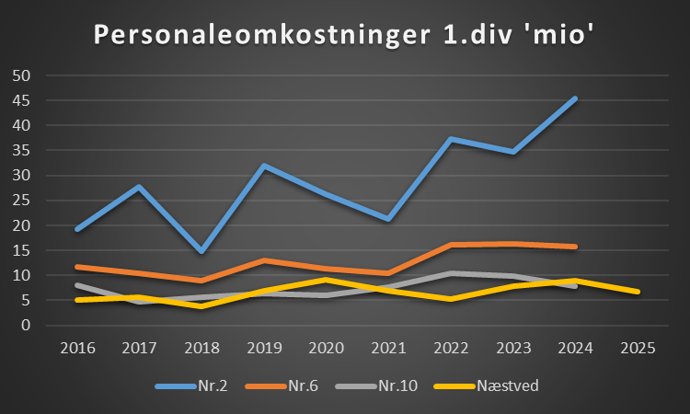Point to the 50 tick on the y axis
coord(21,75)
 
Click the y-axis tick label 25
coord(21,201)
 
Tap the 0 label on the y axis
coord(26,326)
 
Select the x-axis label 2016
coord(77,349)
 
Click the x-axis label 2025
coord(637,349)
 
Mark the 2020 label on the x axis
coord(326,349)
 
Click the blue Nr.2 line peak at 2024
coord(575,98)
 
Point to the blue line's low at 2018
coord(201,251)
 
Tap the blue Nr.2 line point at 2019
coord(264,167)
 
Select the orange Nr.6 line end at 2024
coord(575,247)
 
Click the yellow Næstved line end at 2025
coord(637,292)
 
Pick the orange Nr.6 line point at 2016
coord(77,267)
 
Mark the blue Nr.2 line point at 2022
coord(451,139)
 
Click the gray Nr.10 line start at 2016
coord(77,285)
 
